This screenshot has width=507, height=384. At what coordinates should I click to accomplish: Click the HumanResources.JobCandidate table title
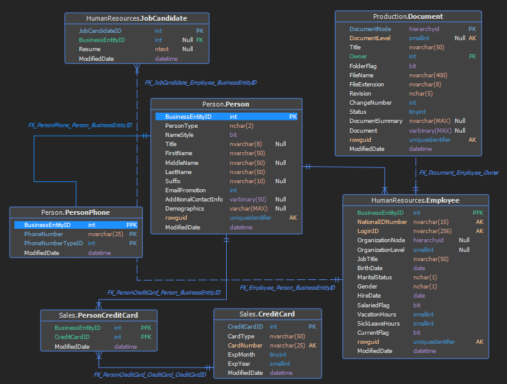(x=136, y=18)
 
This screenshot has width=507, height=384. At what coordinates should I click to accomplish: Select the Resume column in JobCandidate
(x=89, y=49)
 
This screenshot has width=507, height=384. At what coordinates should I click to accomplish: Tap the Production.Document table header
(x=408, y=16)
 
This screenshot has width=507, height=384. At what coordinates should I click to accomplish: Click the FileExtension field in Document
(x=367, y=85)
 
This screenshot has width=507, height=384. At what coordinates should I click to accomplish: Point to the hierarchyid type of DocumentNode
(x=424, y=29)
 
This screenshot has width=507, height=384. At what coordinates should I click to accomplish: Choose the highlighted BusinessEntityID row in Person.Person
(x=226, y=117)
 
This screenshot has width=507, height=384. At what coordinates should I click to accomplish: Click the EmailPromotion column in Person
(x=185, y=190)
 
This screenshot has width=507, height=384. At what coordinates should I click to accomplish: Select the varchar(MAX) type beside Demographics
(x=248, y=209)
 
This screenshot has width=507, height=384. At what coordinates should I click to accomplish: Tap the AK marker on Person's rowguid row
(x=293, y=218)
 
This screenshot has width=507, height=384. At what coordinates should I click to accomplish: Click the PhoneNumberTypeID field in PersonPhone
(x=53, y=243)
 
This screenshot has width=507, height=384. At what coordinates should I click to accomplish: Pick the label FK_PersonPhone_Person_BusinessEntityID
(x=80, y=125)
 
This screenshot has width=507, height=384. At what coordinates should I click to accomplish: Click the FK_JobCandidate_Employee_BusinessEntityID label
(x=201, y=83)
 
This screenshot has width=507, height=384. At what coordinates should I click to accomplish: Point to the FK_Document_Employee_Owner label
(x=459, y=173)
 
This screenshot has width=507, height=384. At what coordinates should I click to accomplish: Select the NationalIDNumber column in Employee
(x=382, y=222)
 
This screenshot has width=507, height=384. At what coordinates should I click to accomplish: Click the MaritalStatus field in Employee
(x=374, y=278)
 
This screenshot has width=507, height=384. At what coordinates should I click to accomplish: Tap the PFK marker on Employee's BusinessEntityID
(x=478, y=213)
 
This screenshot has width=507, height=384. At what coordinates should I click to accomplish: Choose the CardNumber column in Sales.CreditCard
(x=245, y=346)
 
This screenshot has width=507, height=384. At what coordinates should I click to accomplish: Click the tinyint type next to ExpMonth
(x=278, y=355)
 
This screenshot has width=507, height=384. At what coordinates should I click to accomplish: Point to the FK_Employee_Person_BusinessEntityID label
(x=287, y=287)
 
